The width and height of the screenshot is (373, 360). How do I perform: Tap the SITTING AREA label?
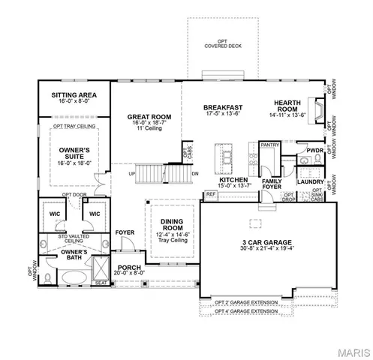click(x=75, y=96)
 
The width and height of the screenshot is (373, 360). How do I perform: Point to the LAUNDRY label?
click(x=310, y=181)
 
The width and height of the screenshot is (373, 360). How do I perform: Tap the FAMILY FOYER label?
click(x=271, y=185)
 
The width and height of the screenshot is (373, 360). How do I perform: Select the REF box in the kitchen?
click(x=210, y=194)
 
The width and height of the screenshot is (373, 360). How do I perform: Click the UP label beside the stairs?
click(x=132, y=173)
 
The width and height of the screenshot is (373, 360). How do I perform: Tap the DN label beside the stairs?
click(x=194, y=173)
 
